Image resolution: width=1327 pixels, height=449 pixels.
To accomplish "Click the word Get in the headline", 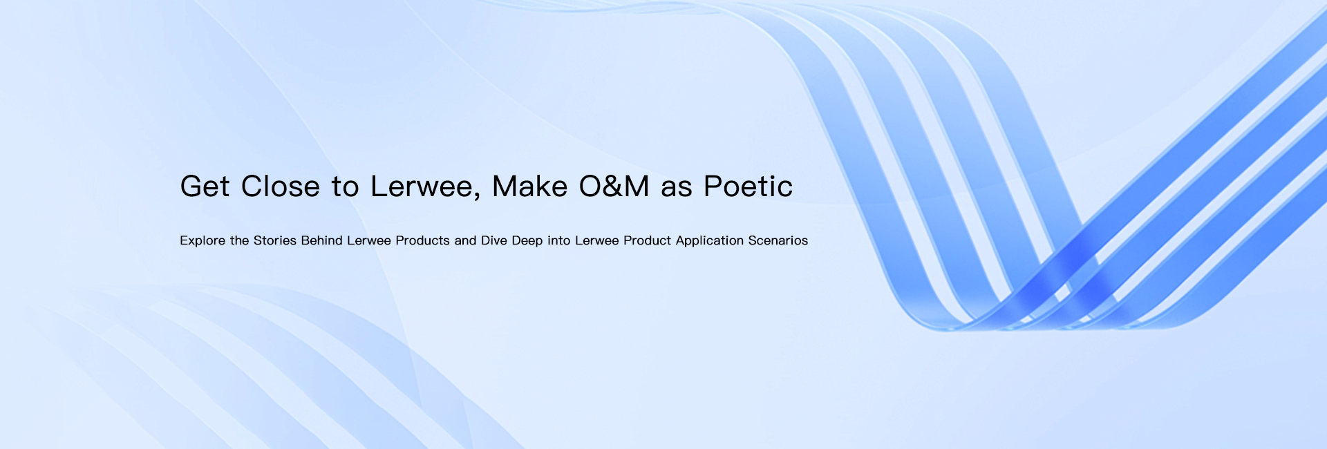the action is pos(205,187).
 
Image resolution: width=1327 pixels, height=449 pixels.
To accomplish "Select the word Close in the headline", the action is pos(280,187).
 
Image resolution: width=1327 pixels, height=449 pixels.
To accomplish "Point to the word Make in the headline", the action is pos(529,187).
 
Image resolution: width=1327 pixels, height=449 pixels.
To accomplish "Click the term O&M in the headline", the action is pos(614,187).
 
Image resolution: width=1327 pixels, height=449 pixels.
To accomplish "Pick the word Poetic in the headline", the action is pos(748,187).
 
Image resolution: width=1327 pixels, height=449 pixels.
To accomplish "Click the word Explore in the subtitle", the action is pos(203,241).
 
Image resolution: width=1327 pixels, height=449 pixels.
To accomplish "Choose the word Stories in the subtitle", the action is pos(275,240).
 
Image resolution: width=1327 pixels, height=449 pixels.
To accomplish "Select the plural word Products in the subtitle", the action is pos(422,240).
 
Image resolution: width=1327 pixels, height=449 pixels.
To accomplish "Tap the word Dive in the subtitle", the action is pos(494,240).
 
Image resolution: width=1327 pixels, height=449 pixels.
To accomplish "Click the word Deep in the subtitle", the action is pos(527,241).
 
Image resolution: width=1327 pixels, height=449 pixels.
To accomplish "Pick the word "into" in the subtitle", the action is pos(559,240).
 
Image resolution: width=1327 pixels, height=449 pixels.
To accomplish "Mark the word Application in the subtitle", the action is pos(710,241).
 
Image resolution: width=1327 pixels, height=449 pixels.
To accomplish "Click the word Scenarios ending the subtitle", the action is pos(778,240).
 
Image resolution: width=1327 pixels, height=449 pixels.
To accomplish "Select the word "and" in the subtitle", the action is pos(465,240).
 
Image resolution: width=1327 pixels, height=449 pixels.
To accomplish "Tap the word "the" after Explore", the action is pos(240,240).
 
